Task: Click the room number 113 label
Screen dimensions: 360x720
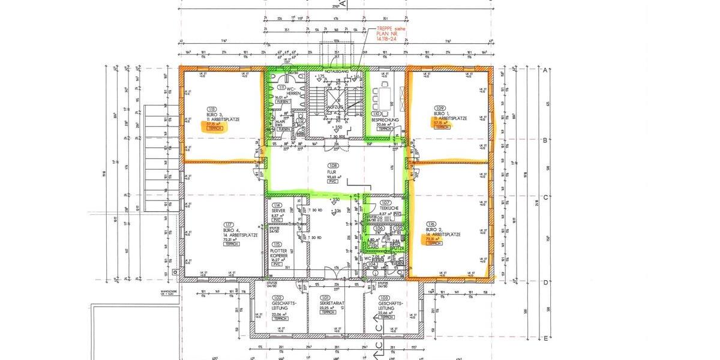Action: pos(211,109)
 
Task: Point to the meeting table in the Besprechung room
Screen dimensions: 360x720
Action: pos(384,96)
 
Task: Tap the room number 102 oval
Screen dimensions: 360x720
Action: pos(277,298)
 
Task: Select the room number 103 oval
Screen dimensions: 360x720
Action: pos(385,298)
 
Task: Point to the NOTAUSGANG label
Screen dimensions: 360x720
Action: pos(336,71)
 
